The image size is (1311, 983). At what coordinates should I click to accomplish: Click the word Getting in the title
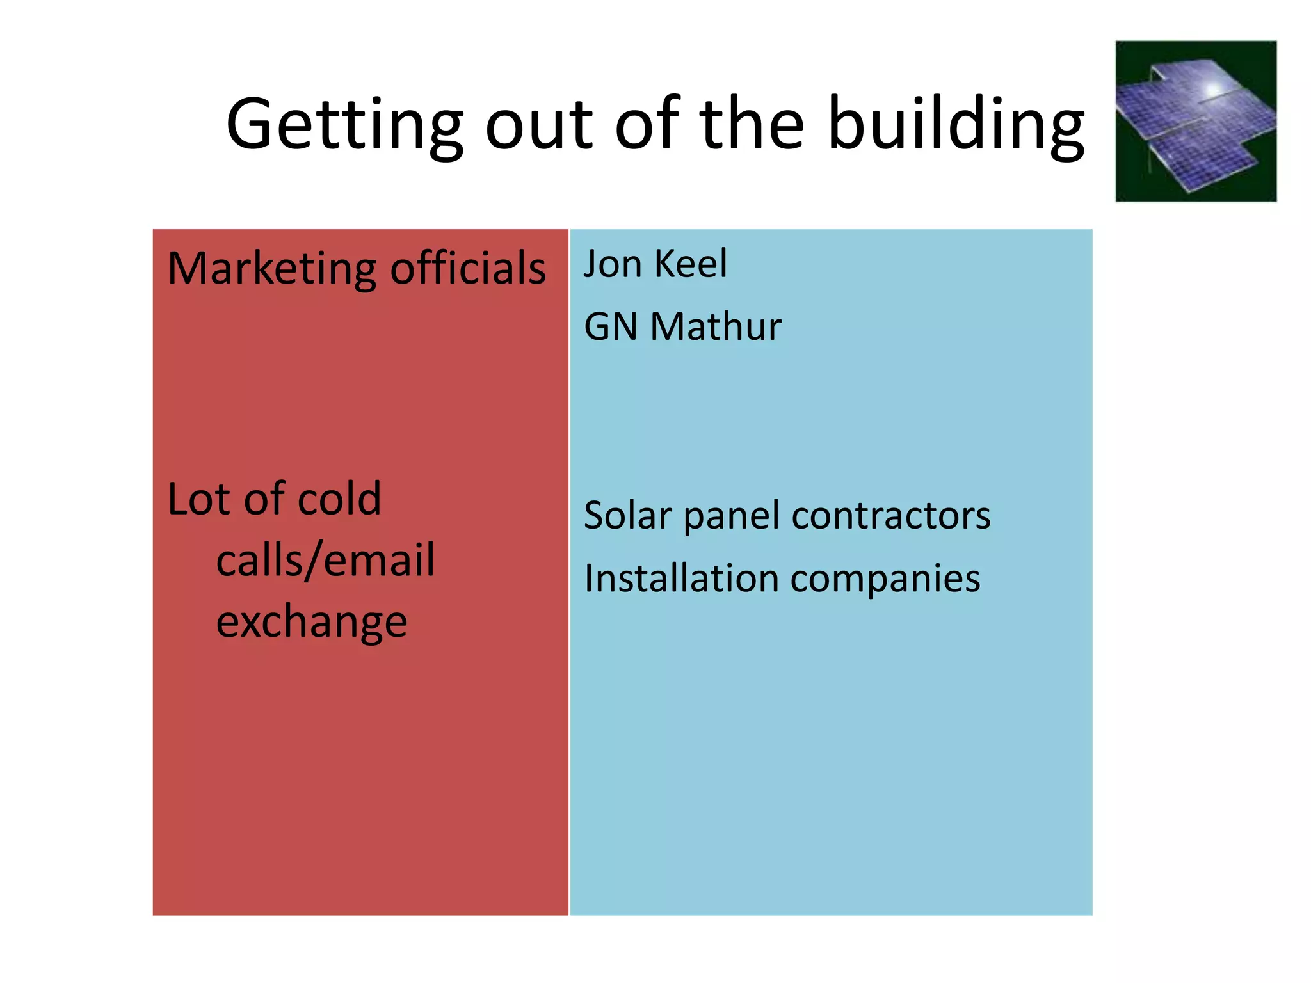(344, 125)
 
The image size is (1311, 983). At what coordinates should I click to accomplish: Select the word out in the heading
(539, 125)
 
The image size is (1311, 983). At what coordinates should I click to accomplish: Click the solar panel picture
(1195, 122)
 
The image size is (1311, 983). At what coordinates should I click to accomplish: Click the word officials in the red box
(468, 269)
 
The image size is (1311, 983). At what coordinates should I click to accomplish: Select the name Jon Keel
(655, 264)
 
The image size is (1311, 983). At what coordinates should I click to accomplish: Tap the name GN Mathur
(682, 327)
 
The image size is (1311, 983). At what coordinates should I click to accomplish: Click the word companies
(885, 580)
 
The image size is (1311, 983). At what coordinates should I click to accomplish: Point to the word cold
(339, 499)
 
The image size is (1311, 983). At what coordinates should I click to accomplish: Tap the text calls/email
(325, 561)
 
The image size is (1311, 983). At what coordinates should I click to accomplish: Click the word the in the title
(752, 125)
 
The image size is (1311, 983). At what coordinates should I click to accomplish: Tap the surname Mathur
(716, 327)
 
